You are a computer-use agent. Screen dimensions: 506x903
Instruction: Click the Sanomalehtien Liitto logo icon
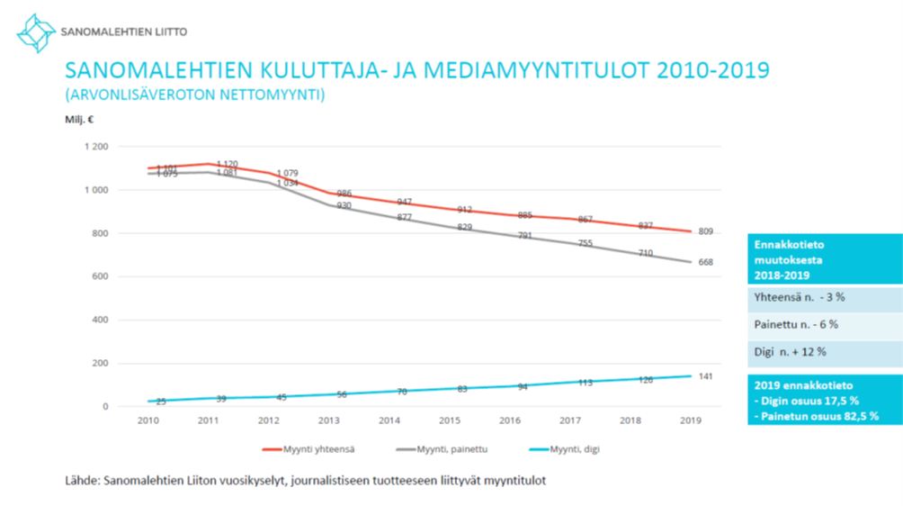pos(36,32)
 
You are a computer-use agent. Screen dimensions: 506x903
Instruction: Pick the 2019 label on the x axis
pos(692,420)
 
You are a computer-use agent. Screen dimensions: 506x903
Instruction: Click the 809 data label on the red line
pos(706,232)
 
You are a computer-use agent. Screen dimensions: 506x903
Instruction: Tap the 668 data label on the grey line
pos(706,263)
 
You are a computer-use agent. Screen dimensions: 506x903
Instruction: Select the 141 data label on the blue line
pos(706,376)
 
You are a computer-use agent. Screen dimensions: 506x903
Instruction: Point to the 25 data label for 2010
pos(162,402)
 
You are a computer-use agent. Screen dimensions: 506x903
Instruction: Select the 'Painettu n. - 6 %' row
pos(796,325)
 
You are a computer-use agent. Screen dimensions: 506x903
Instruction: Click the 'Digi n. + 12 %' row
pos(791,352)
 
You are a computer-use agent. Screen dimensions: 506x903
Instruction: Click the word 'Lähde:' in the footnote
pos(82,481)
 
